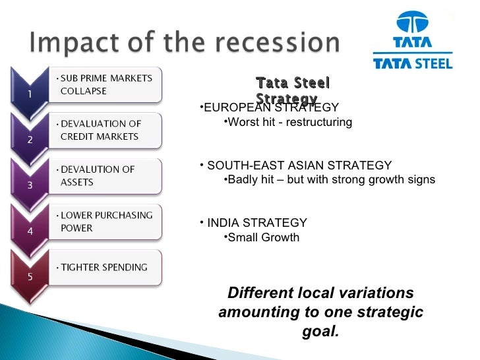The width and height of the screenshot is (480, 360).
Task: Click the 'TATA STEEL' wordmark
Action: tap(413, 63)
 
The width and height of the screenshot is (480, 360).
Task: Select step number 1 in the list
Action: tap(30, 94)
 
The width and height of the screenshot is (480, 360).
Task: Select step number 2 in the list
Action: tap(30, 140)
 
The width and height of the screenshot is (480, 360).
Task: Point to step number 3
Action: tap(30, 185)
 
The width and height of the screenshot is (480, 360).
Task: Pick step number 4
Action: tap(30, 231)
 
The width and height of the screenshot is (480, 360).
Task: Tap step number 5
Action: tap(30, 276)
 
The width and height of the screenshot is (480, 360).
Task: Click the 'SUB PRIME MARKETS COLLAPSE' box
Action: tap(105, 84)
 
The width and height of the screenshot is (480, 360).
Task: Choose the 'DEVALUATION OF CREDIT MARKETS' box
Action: tap(105, 130)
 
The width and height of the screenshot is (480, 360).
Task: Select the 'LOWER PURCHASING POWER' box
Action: tap(105, 222)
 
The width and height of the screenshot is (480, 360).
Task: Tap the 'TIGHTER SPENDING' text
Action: tap(104, 267)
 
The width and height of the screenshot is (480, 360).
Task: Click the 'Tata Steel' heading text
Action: tap(292, 83)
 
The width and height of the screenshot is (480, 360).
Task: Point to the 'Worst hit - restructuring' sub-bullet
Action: tap(289, 123)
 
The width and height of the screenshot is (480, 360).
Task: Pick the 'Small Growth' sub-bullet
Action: tap(262, 237)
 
